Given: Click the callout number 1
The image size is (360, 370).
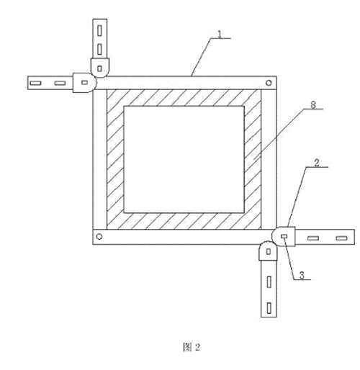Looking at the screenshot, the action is pyautogui.click(x=220, y=34).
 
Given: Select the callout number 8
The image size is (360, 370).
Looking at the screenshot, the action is pyautogui.click(x=313, y=105).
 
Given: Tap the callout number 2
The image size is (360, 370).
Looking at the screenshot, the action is pyautogui.click(x=317, y=163).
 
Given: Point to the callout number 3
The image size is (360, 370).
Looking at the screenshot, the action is pyautogui.click(x=302, y=275).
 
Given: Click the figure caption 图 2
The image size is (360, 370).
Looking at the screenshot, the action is pyautogui.click(x=192, y=347).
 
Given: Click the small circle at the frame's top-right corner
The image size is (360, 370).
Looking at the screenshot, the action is pyautogui.click(x=269, y=83).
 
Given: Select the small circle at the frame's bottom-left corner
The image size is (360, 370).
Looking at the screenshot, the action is pyautogui.click(x=99, y=237).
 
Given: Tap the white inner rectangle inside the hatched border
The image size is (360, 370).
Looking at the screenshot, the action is pyautogui.click(x=184, y=160).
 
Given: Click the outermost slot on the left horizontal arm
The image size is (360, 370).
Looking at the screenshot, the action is pyautogui.click(x=35, y=83).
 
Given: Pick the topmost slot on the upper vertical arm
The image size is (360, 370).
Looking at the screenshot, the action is pyautogui.click(x=99, y=30).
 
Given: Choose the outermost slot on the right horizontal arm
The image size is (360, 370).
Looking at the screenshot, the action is pyautogui.click(x=341, y=238).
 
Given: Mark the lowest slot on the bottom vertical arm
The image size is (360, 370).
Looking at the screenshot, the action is pyautogui.click(x=269, y=308).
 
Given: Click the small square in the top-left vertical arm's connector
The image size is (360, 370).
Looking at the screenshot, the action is pyautogui.click(x=99, y=68).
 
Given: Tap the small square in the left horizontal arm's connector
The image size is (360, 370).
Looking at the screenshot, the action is pyautogui.click(x=84, y=83).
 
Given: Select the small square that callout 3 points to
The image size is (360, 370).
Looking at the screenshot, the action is pyautogui.click(x=284, y=237).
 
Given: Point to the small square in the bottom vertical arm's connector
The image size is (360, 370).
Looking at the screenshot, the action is pyautogui.click(x=269, y=251).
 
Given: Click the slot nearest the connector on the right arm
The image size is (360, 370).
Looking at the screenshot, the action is pyautogui.click(x=313, y=238).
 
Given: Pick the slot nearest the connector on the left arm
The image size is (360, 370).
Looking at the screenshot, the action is pyautogui.click(x=60, y=83).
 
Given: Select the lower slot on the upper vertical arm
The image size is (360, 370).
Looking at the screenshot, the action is pyautogui.click(x=99, y=49).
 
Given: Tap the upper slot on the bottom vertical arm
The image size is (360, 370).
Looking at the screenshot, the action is pyautogui.click(x=269, y=282).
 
